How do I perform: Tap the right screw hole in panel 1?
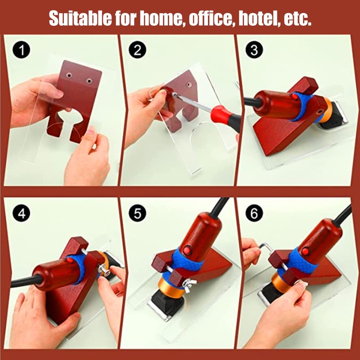point(89,81)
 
